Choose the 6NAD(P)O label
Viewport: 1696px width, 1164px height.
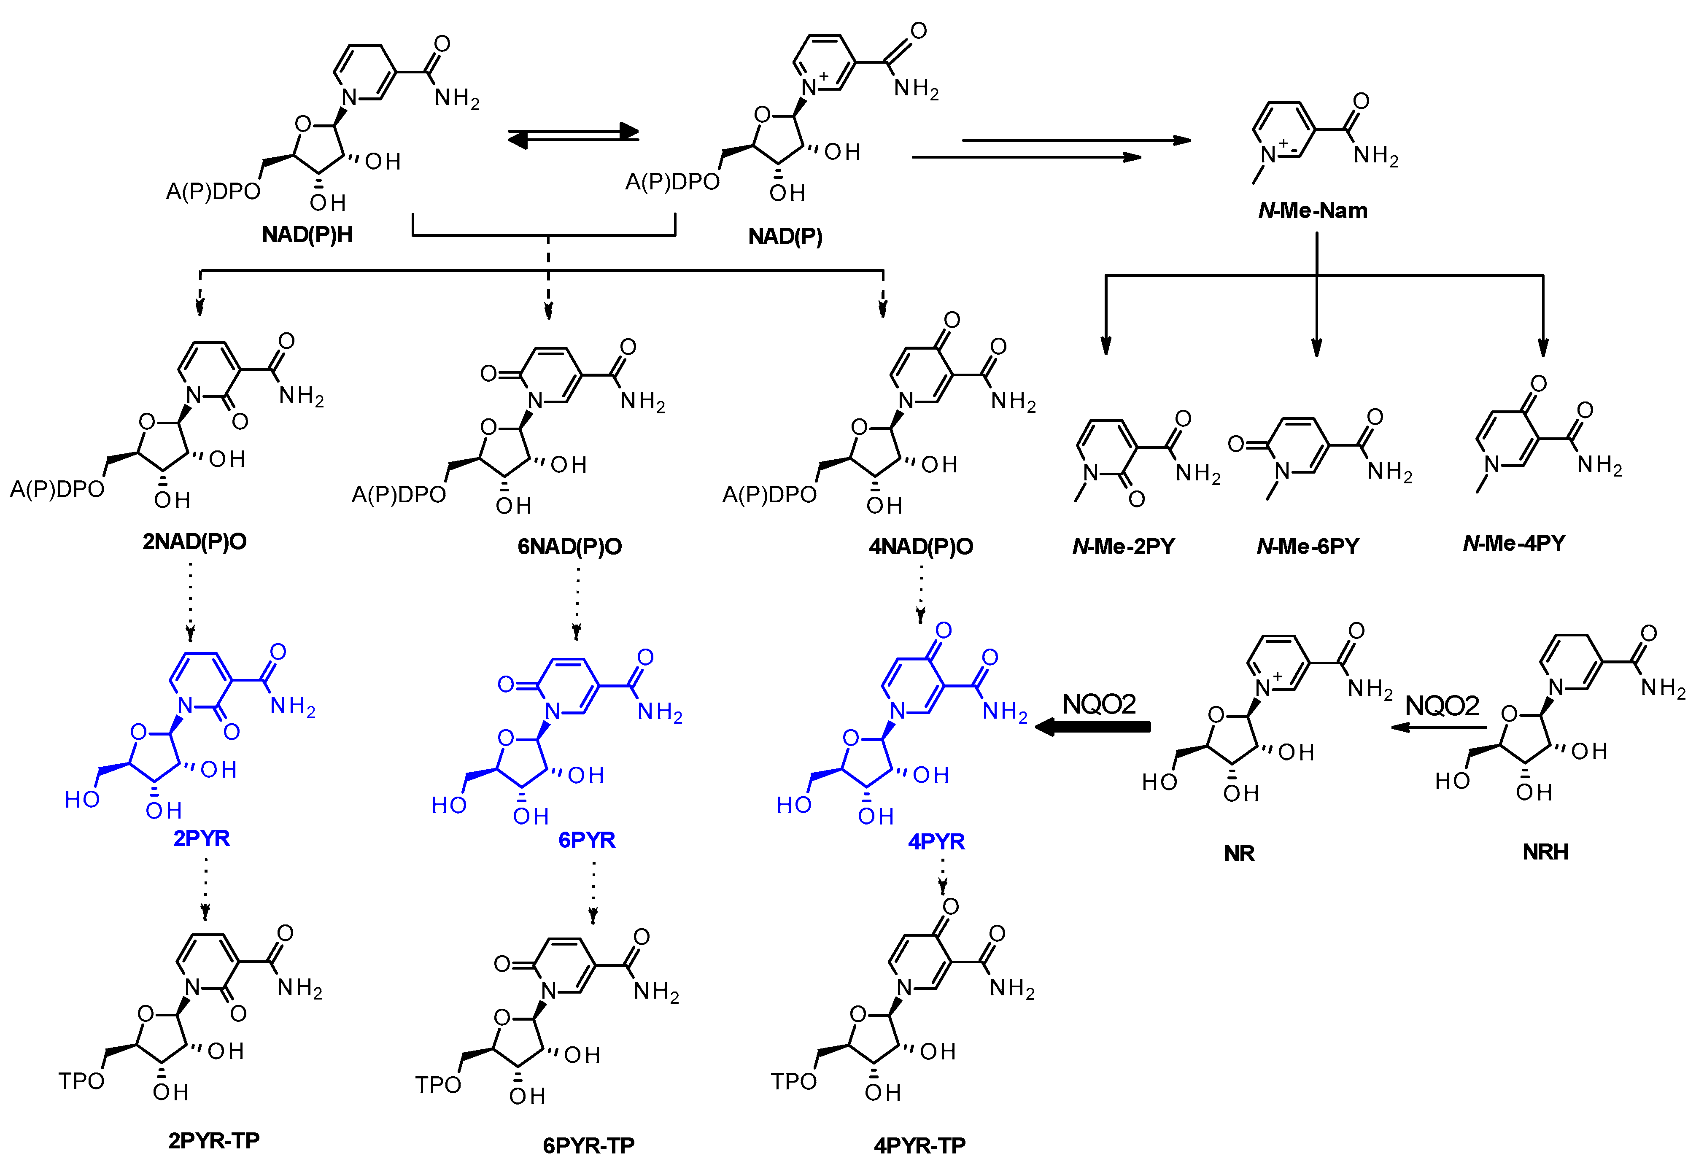(x=569, y=547)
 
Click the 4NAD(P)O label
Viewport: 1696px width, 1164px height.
(x=921, y=547)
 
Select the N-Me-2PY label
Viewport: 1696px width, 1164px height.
(x=1124, y=547)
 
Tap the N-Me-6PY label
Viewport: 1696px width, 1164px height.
(x=1308, y=547)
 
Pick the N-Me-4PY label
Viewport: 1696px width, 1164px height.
(x=1514, y=543)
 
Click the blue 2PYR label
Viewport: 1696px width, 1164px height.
(x=202, y=838)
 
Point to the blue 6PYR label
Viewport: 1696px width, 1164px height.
(x=587, y=840)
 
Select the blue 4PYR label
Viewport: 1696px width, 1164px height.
(x=936, y=841)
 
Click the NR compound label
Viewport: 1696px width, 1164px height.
(x=1239, y=853)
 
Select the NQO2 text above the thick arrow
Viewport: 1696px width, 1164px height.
(x=1099, y=704)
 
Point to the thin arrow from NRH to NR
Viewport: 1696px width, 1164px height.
(x=1438, y=727)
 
